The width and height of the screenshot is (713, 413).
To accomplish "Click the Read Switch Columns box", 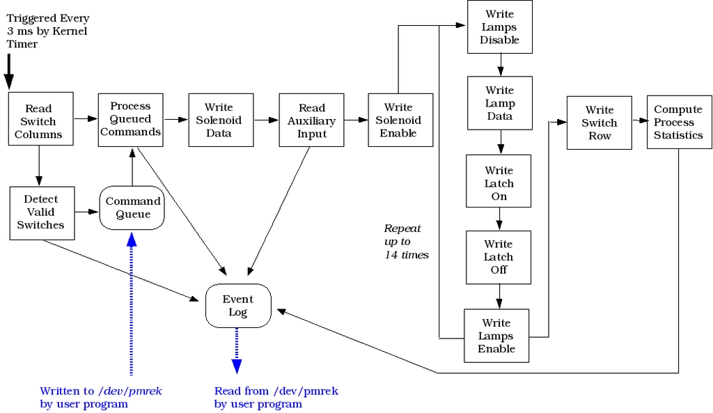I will tap(38, 120).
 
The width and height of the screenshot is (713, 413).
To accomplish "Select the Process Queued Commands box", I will tap(130, 119).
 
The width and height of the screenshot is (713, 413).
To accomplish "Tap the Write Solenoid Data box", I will tap(221, 120).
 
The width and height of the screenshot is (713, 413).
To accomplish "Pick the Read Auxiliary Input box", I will tap(311, 120).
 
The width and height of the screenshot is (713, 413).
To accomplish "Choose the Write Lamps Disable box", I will tap(499, 27).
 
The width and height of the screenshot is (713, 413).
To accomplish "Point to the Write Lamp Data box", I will tap(499, 103).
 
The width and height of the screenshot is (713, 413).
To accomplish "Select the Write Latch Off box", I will tap(499, 257).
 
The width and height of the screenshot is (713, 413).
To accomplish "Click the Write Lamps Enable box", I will tap(496, 335).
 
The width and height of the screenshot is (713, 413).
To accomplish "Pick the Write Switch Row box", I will tap(599, 122).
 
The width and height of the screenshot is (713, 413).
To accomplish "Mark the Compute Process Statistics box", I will tap(679, 122).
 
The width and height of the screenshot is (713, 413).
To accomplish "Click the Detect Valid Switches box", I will tap(41, 212).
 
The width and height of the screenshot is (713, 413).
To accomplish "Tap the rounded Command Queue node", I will tap(132, 208).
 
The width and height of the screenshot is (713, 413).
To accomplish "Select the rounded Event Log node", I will tap(238, 305).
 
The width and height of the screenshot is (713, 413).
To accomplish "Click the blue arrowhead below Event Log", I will tap(237, 366).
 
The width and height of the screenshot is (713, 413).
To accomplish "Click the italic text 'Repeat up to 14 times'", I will tap(405, 242).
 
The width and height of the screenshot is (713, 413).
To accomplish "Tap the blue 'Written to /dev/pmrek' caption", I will tap(101, 398).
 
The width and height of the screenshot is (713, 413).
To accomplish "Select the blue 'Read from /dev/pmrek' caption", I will tap(276, 398).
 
